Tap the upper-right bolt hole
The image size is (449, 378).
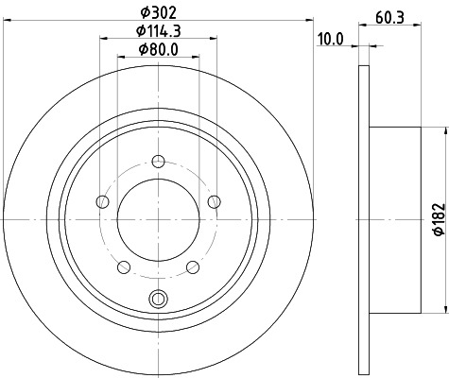[x=214, y=200]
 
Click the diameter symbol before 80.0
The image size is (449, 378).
[x=142, y=50]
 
